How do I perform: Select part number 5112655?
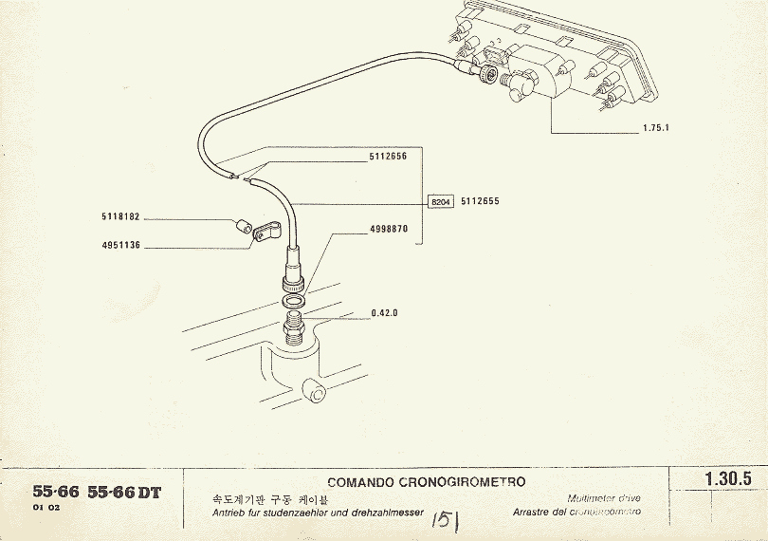(480, 202)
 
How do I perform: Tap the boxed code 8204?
(441, 202)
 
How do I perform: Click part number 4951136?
(120, 245)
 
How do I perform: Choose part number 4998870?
(389, 229)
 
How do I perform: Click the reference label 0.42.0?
(384, 312)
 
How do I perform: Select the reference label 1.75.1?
(654, 128)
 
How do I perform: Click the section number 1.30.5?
(728, 479)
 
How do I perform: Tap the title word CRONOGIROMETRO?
(469, 482)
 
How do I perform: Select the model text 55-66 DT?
(124, 492)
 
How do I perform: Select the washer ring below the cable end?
(295, 302)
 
